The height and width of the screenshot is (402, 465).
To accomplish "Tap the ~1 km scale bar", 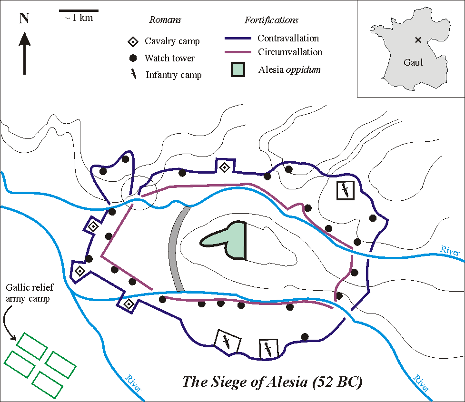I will (79, 10).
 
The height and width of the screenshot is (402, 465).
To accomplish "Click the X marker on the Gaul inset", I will (418, 40).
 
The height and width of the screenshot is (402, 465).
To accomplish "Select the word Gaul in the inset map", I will (413, 62).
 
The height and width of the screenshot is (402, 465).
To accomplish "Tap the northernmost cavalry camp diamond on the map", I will (225, 167).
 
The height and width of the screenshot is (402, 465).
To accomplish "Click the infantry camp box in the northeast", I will (345, 190).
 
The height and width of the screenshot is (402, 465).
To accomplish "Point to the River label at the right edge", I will (450, 251).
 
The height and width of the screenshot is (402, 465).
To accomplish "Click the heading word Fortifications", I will (271, 20).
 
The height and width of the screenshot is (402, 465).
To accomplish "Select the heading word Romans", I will (165, 20).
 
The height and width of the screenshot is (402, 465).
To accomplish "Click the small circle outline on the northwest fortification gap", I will (139, 193).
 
